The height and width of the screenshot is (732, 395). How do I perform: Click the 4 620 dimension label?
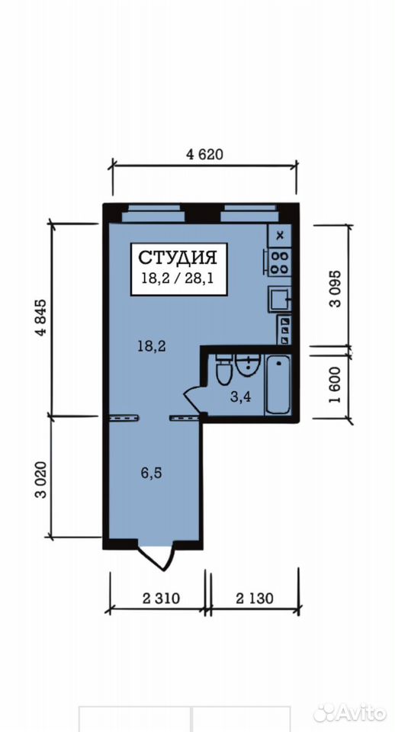pos(204,155)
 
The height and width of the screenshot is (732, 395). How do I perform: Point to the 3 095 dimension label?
pos(336,288)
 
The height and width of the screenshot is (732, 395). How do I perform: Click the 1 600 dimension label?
pos(336,385)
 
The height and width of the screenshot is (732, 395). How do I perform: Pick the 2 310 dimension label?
pos(161,598)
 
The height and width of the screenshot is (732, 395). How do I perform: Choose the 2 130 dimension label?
pos(255,598)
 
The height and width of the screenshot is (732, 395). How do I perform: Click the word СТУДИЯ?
pos(178,257)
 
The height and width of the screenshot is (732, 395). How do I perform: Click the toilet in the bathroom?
pos(223,370)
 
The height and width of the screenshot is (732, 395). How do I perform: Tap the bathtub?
pos(278,384)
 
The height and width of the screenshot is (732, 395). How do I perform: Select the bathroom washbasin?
pos(248,364)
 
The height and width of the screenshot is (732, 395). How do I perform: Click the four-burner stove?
pos(279,262)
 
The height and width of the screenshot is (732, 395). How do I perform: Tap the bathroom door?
pos(193,399)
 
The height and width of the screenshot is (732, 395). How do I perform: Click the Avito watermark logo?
pos(350,712)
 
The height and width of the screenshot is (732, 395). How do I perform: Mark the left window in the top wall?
pos(153,213)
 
